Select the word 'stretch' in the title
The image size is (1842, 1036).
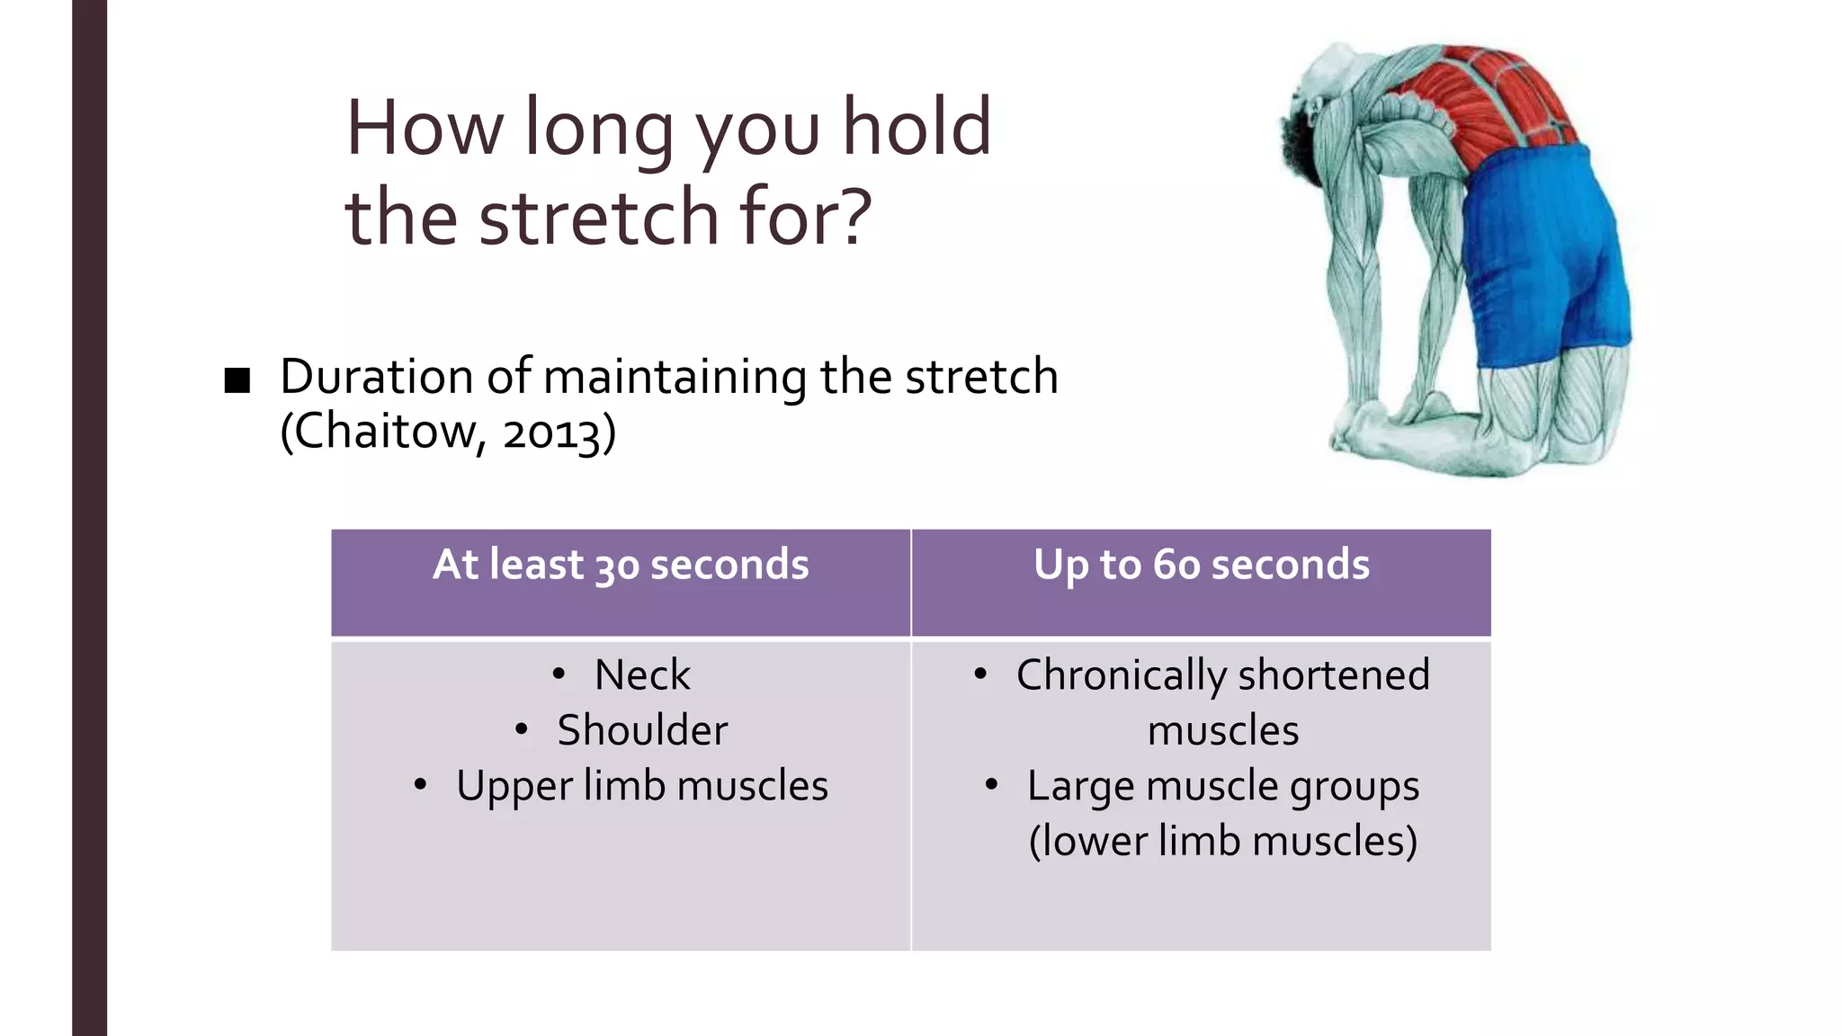pyautogui.click(x=598, y=218)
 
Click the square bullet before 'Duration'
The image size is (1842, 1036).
pyautogui.click(x=237, y=380)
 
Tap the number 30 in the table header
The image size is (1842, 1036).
pyautogui.click(x=617, y=566)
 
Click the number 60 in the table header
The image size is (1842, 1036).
pyautogui.click(x=1177, y=566)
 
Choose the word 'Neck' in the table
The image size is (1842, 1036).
pyautogui.click(x=642, y=674)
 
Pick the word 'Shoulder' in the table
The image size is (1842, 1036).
pyautogui.click(x=642, y=730)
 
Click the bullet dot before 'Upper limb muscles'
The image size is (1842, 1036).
pyautogui.click(x=420, y=785)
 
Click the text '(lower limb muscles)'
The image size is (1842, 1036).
pyautogui.click(x=1223, y=842)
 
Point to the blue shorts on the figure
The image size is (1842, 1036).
pyautogui.click(x=1547, y=252)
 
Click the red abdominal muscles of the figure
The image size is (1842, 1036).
pyautogui.click(x=1484, y=99)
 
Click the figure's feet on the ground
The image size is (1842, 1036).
pyautogui.click(x=1376, y=432)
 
